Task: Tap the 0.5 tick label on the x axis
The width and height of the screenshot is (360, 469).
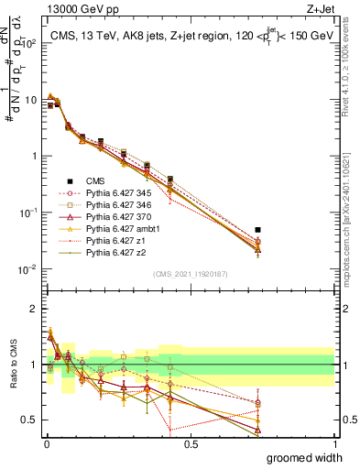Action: click(x=191, y=444)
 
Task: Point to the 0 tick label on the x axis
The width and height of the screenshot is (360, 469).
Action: click(x=46, y=444)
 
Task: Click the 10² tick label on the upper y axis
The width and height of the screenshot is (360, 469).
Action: click(x=28, y=42)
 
